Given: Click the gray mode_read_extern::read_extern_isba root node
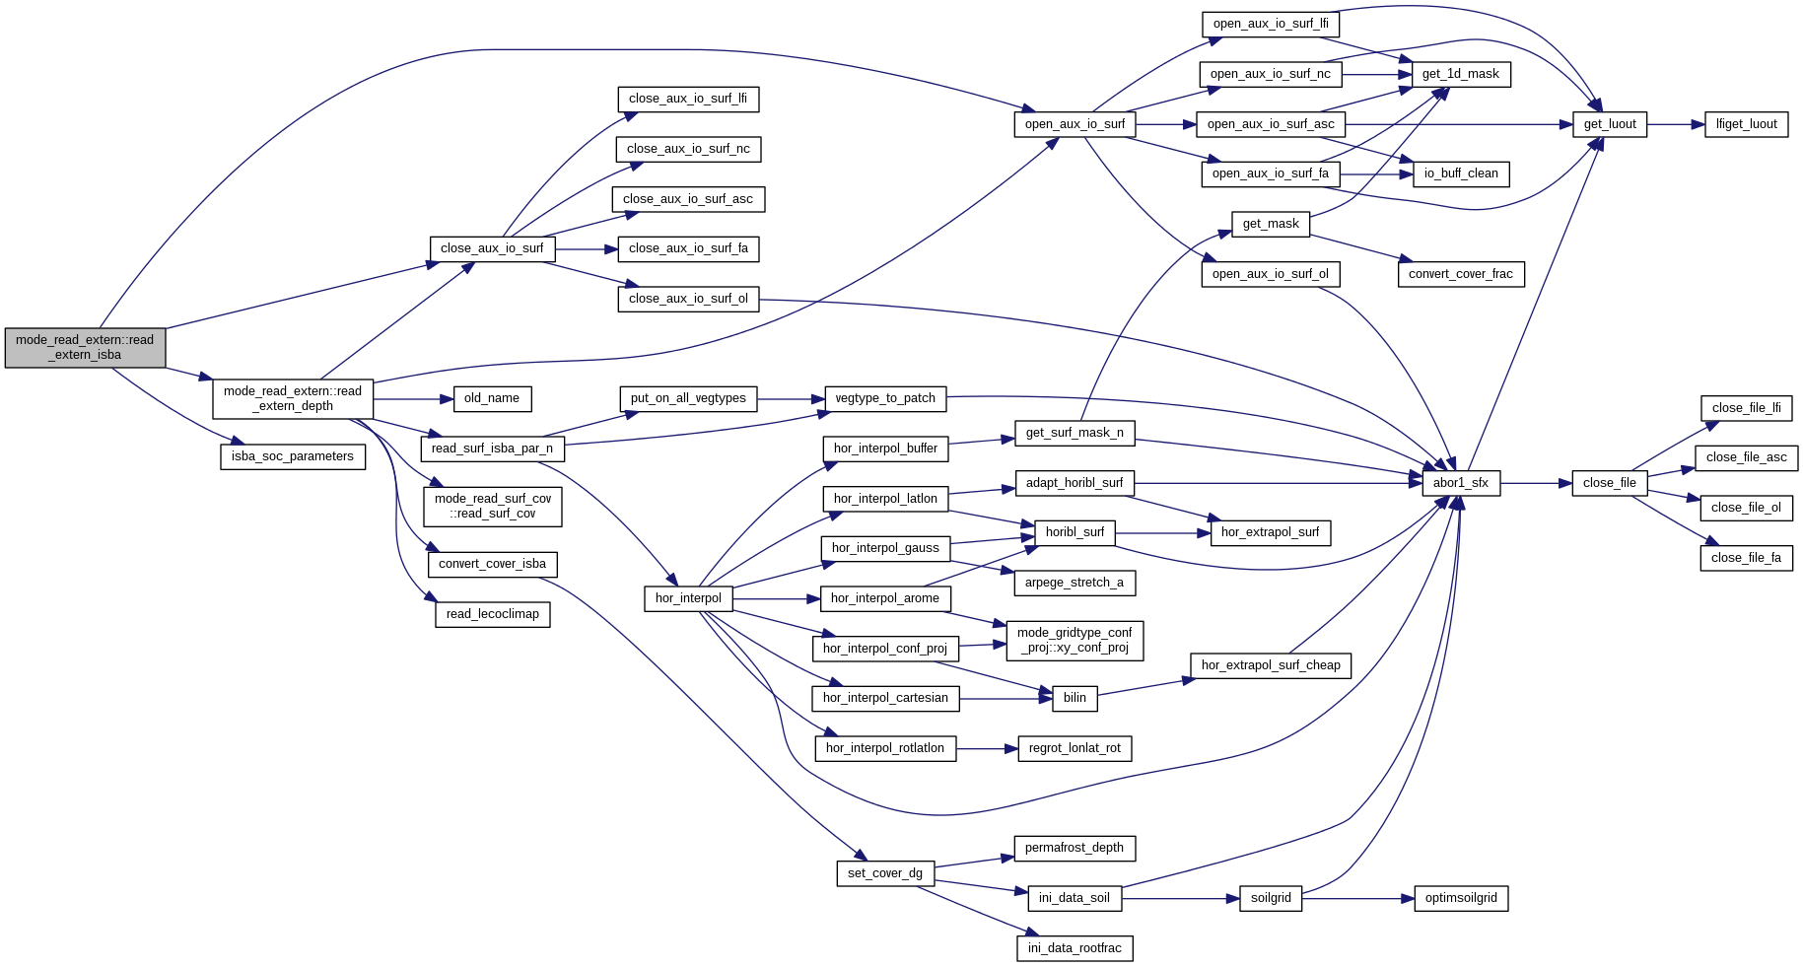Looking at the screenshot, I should (85, 348).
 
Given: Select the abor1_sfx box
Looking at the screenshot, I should (1460, 483).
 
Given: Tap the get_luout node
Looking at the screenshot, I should (1609, 124).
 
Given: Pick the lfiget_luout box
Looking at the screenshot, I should (1746, 124).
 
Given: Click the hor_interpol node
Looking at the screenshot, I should (688, 598).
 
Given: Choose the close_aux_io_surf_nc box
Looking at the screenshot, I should (688, 149).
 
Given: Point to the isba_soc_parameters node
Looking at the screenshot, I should (292, 456).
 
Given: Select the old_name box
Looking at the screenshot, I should (492, 398).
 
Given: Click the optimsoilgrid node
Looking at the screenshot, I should (1461, 898).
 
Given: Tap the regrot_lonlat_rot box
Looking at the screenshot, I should (1075, 748).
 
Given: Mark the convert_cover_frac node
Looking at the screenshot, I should (1460, 274).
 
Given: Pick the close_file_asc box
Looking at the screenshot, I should (1746, 457).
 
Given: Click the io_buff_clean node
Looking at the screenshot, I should (1460, 173).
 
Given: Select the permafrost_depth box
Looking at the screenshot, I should (1074, 848).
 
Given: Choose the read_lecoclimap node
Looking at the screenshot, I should (492, 614).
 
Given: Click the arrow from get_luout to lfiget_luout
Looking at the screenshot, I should (1676, 125).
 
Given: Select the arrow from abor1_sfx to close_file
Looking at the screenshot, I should (1536, 484).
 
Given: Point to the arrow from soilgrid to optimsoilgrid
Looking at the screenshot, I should (1358, 899).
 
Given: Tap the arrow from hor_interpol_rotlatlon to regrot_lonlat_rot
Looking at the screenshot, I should (987, 749).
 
